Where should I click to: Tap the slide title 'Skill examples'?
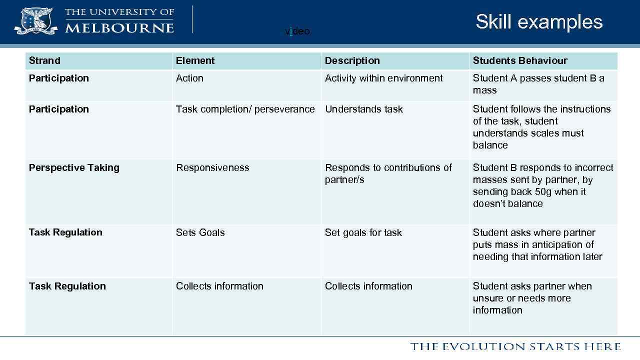tap(539, 21)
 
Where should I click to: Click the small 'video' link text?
tap(297, 31)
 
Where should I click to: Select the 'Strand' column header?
tap(44, 60)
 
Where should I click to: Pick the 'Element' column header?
tap(195, 60)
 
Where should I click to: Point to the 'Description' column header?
tap(352, 60)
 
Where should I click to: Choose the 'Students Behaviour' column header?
tap(520, 60)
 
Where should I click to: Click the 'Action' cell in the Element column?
tap(189, 78)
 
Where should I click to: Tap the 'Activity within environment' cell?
tap(383, 78)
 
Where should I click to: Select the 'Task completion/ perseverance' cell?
tap(245, 109)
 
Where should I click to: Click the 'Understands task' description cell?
tap(363, 109)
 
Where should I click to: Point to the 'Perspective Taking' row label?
tap(74, 167)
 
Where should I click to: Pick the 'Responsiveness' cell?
tap(212, 167)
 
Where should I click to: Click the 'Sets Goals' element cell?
tap(200, 232)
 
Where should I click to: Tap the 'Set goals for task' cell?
tap(363, 232)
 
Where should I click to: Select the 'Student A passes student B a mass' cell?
tap(538, 84)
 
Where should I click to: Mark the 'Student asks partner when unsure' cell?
tap(532, 298)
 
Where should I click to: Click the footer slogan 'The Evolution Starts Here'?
tap(515, 346)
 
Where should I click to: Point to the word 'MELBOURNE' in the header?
tap(119, 27)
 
